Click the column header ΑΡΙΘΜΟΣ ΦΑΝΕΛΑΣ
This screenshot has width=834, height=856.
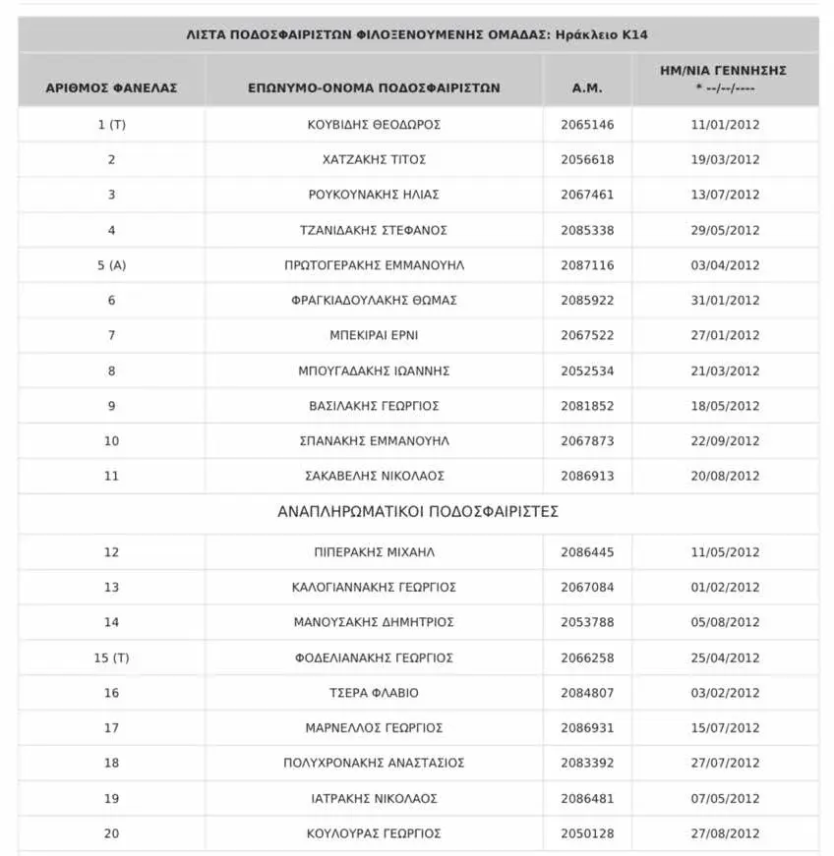click(x=111, y=87)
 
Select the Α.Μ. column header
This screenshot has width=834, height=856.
click(x=587, y=87)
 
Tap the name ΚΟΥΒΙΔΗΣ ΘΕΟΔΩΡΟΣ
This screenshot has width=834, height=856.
click(x=374, y=125)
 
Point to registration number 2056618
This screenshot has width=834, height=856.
click(x=587, y=159)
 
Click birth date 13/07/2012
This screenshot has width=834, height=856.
click(x=725, y=195)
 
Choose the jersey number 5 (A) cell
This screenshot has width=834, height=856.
click(x=111, y=265)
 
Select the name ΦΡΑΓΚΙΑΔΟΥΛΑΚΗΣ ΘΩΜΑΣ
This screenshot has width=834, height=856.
click(x=374, y=301)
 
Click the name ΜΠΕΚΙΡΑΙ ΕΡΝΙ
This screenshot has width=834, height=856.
click(x=374, y=335)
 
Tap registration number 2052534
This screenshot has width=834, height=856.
click(x=587, y=371)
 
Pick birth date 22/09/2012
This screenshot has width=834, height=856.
click(x=725, y=440)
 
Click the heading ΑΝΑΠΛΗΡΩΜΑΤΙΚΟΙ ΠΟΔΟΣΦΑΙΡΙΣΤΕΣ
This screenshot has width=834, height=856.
click(x=418, y=511)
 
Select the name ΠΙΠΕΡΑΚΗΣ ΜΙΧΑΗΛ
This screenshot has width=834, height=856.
click(x=374, y=552)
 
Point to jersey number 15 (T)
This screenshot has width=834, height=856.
click(x=111, y=657)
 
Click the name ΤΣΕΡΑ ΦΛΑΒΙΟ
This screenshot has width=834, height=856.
click(x=374, y=693)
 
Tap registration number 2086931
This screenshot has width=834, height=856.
click(x=587, y=728)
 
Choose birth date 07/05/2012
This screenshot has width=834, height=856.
click(x=725, y=798)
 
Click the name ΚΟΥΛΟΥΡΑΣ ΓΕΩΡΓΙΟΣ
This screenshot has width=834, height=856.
click(x=374, y=833)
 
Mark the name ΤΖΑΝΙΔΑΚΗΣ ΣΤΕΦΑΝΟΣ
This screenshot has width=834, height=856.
click(x=374, y=230)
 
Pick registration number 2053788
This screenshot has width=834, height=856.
click(x=587, y=622)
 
